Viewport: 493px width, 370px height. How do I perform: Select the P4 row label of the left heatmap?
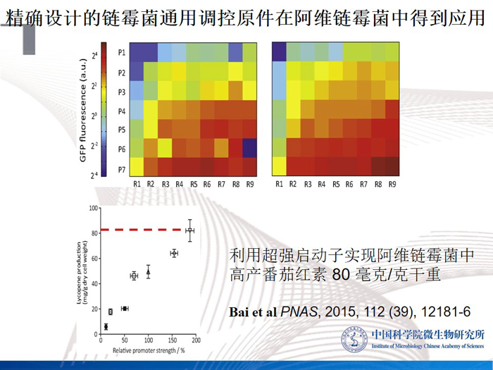point(122,111)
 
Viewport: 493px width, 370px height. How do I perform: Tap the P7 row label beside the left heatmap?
point(122,169)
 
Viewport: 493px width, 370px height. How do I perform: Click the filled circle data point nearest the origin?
point(106,326)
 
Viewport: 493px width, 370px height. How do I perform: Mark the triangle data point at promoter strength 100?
point(149,271)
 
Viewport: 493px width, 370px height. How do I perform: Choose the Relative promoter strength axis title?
point(144,350)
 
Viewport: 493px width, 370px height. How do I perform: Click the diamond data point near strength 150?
point(173,253)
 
